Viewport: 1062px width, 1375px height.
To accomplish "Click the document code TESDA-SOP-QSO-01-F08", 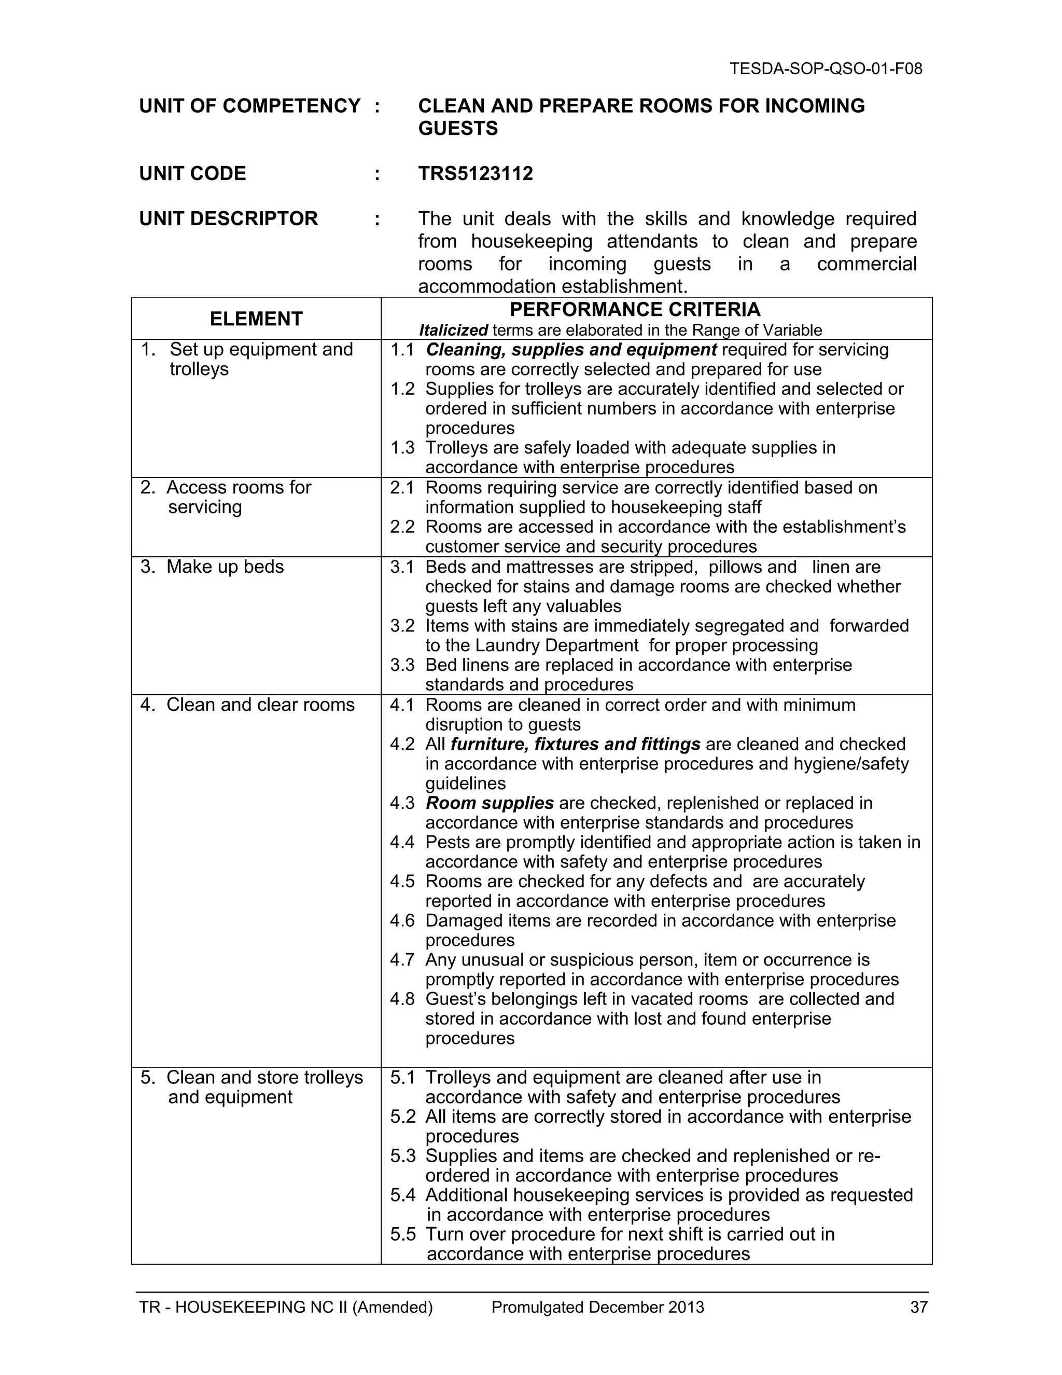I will [x=826, y=68].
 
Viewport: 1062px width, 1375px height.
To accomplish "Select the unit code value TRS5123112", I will [x=475, y=174].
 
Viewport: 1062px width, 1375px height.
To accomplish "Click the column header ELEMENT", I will [x=256, y=319].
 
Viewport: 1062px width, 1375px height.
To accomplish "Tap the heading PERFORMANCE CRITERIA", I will [x=634, y=310].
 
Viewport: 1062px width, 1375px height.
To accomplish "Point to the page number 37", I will [x=918, y=1308].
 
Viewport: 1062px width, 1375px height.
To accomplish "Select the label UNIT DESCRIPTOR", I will [x=228, y=219].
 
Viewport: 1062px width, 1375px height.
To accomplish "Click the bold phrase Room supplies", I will [x=490, y=803].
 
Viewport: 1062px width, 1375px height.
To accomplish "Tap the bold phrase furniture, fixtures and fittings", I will [x=575, y=744].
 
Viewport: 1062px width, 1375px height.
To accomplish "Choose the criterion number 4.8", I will [x=402, y=999].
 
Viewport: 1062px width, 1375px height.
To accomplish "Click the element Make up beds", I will [x=225, y=567].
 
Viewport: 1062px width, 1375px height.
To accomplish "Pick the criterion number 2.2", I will [x=402, y=527].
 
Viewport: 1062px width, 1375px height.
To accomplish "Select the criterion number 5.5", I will [x=402, y=1234].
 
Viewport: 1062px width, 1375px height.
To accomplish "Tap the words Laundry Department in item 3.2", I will [x=556, y=645].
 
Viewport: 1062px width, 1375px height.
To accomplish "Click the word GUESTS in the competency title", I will [x=457, y=129].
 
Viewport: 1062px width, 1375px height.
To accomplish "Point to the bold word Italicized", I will [x=453, y=330].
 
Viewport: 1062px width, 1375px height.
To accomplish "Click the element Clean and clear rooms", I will [x=260, y=705].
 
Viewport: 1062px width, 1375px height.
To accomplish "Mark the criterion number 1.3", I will [x=402, y=448].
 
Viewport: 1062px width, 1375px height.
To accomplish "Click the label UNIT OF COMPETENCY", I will [x=250, y=106].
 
